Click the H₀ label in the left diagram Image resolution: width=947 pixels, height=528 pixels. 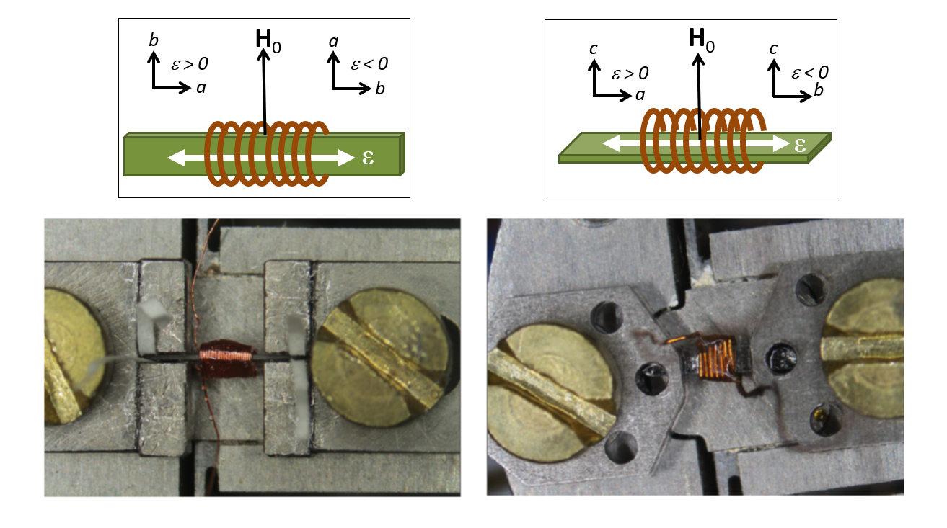coord(268,40)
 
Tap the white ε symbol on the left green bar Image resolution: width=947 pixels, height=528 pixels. coord(368,157)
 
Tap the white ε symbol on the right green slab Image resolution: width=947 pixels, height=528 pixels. coord(798,144)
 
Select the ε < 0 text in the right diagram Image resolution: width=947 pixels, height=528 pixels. coord(810,72)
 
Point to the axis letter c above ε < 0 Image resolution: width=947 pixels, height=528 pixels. coord(773,49)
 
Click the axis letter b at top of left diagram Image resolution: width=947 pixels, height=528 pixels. coord(154,40)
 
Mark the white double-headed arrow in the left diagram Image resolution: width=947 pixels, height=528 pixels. coord(260,156)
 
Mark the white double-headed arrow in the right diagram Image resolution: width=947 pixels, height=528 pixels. coord(696,144)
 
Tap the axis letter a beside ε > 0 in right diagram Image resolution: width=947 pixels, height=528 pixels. coord(640,95)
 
